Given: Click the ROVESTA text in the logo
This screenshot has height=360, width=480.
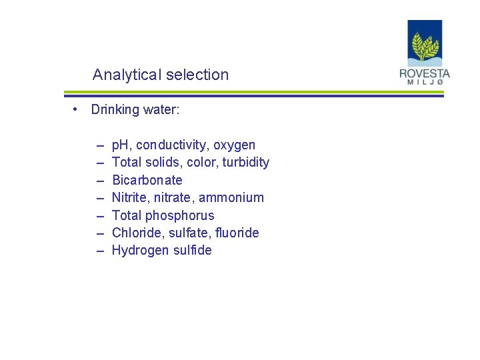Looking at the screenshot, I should (x=425, y=73).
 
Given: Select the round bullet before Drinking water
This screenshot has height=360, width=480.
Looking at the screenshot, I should (x=77, y=109).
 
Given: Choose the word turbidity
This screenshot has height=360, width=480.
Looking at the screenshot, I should (x=246, y=162).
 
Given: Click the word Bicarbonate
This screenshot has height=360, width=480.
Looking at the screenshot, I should (x=147, y=180).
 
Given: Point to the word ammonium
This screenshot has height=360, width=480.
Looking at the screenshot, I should (x=235, y=197).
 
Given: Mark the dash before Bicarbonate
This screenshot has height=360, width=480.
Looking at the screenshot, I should (x=100, y=181).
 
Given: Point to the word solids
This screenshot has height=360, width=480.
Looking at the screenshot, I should (x=161, y=162).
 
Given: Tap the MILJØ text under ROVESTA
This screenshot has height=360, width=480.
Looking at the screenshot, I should (x=425, y=82).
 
